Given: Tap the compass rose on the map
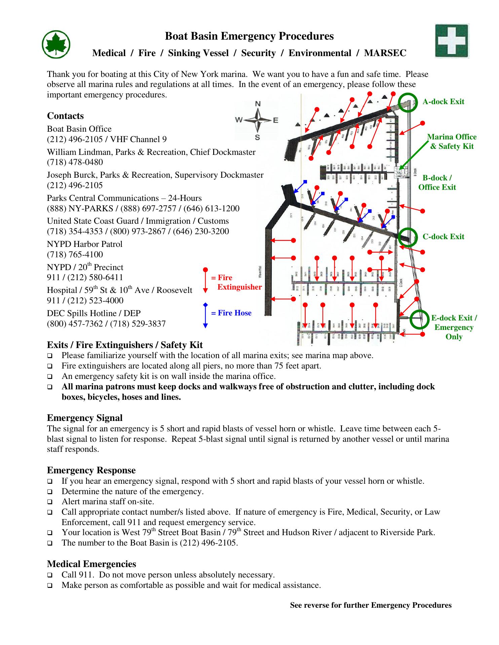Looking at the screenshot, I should click(x=258, y=120).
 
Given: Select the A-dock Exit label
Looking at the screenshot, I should click(x=443, y=102).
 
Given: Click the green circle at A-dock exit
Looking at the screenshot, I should click(x=408, y=102).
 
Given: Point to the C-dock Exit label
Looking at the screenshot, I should click(x=443, y=237).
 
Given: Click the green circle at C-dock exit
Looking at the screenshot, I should click(x=408, y=237).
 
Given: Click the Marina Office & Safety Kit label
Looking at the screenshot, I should click(x=452, y=141).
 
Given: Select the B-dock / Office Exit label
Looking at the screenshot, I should click(x=437, y=182).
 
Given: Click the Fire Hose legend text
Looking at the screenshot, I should click(x=231, y=313).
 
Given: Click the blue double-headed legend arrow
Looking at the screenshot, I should click(x=205, y=315).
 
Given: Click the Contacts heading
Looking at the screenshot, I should click(x=65, y=116).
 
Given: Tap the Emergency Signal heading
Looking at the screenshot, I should click(x=84, y=418).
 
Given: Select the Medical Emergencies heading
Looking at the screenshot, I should click(x=91, y=564).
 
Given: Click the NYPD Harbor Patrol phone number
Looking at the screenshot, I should click(x=75, y=255).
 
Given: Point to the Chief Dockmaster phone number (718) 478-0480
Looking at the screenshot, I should click(x=75, y=162).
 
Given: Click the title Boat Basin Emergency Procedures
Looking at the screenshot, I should click(x=249, y=36).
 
